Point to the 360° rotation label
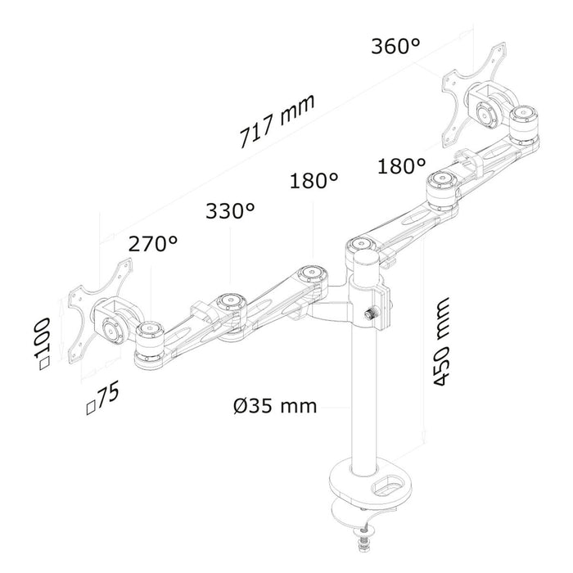pyautogui.click(x=395, y=46)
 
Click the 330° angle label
pyautogui.click(x=229, y=211)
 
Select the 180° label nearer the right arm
pyautogui.click(x=401, y=167)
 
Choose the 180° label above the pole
pyautogui.click(x=314, y=180)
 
